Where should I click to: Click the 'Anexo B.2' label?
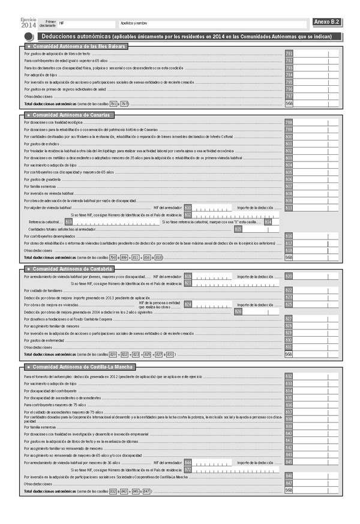[x=327, y=22]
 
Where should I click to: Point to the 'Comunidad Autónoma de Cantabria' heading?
[x=69, y=268]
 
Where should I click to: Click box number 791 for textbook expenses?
[x=289, y=54]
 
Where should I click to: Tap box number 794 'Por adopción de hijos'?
[x=289, y=75]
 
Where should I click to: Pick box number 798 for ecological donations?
[x=289, y=122]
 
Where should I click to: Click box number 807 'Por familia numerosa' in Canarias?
[x=289, y=186]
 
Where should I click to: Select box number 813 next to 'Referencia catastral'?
[x=69, y=222]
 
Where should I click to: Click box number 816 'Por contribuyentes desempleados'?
[x=289, y=236]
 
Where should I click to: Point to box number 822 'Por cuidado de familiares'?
[x=289, y=290]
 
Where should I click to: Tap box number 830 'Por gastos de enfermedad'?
[x=289, y=340]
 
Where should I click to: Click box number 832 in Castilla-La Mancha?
[x=289, y=376]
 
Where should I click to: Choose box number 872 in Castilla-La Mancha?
[x=188, y=469]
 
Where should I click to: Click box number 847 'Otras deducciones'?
[x=289, y=483]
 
